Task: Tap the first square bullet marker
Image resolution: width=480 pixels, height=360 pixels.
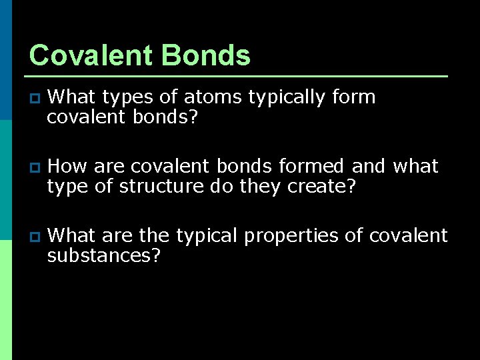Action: [35, 99]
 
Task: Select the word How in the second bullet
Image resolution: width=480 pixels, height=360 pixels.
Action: [65, 166]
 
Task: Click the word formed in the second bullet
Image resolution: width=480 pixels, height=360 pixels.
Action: [313, 166]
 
